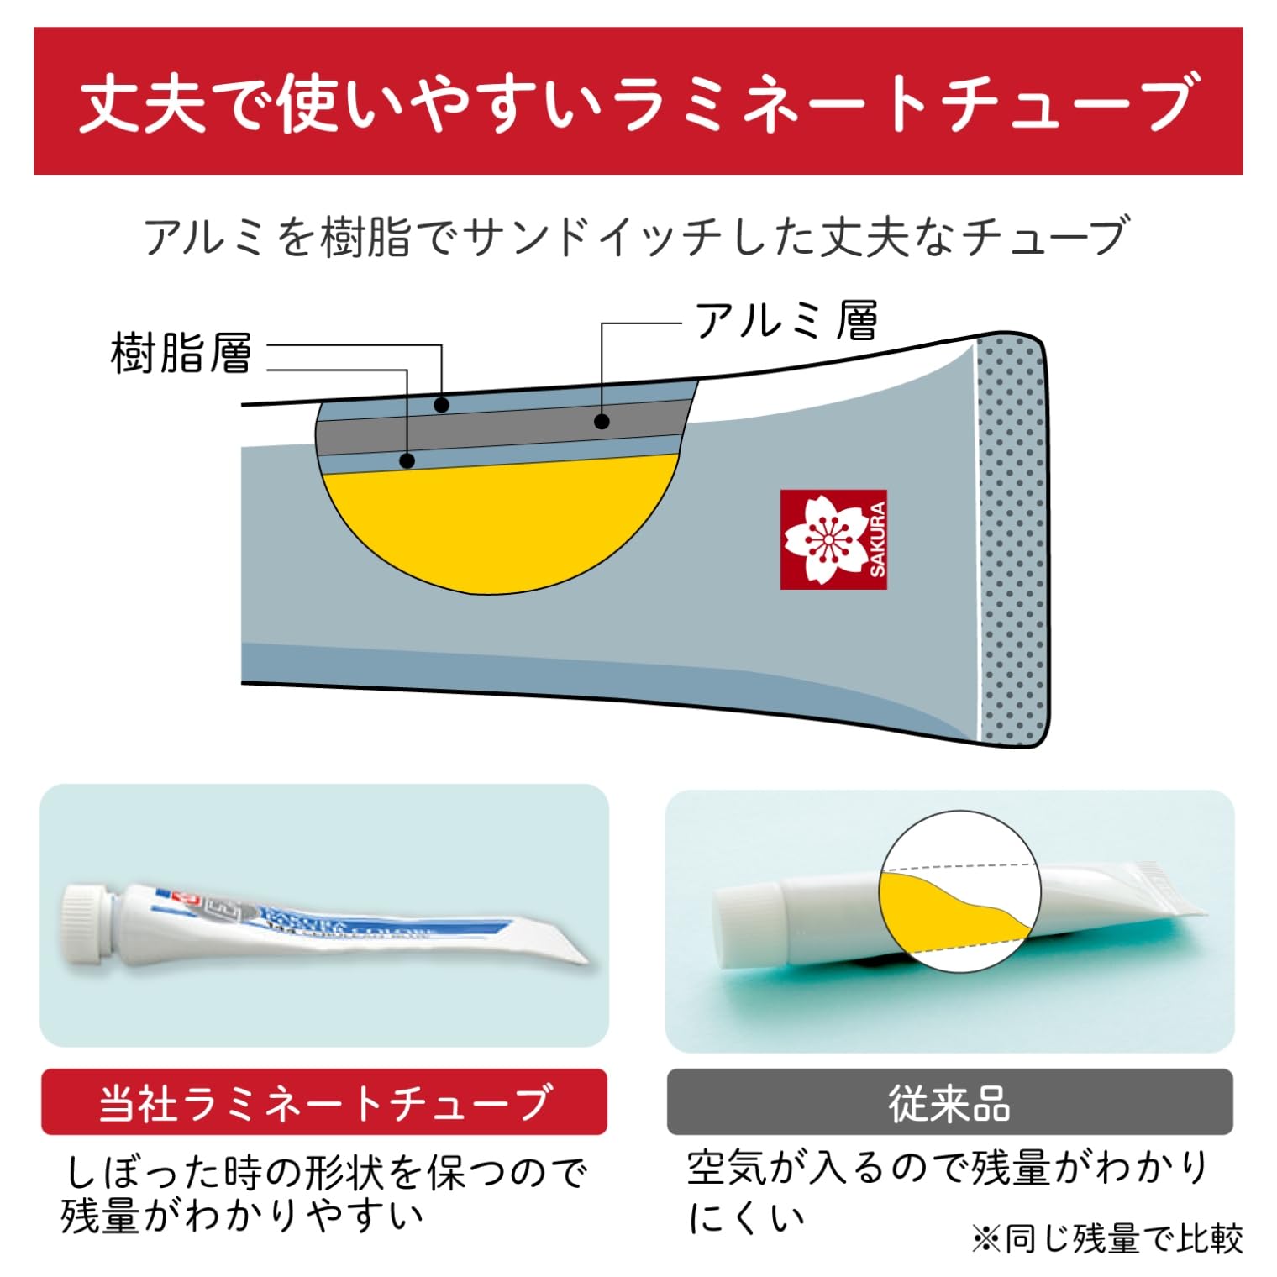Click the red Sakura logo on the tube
click(x=833, y=539)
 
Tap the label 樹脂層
click(x=181, y=353)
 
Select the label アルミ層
click(x=786, y=320)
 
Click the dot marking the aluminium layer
click(x=602, y=421)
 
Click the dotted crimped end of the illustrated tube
click(x=1012, y=539)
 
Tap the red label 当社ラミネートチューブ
click(x=324, y=1101)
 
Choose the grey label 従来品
click(x=949, y=1101)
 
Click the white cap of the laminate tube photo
click(x=86, y=922)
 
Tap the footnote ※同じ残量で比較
click(x=1106, y=1238)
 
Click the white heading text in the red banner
click(x=637, y=102)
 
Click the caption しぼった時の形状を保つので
click(x=326, y=1171)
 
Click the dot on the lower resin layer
click(x=407, y=460)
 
